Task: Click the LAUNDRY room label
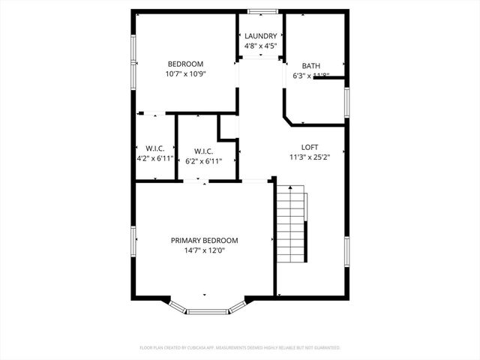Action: [261, 36]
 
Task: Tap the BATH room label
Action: [311, 66]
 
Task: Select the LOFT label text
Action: [310, 147]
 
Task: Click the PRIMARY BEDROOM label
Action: [204, 241]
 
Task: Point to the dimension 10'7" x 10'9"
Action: [185, 74]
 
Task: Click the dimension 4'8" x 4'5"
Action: [261, 46]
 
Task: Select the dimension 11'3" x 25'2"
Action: [310, 157]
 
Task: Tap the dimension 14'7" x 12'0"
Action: [204, 250]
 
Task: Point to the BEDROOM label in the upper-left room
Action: [185, 64]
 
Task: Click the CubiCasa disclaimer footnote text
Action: [240, 348]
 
